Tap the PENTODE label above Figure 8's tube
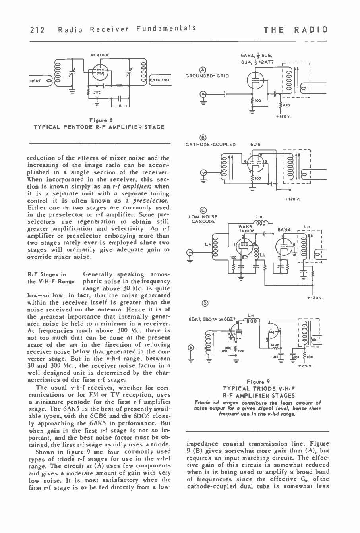[x=97, y=54]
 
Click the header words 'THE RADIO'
[x=296, y=30]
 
